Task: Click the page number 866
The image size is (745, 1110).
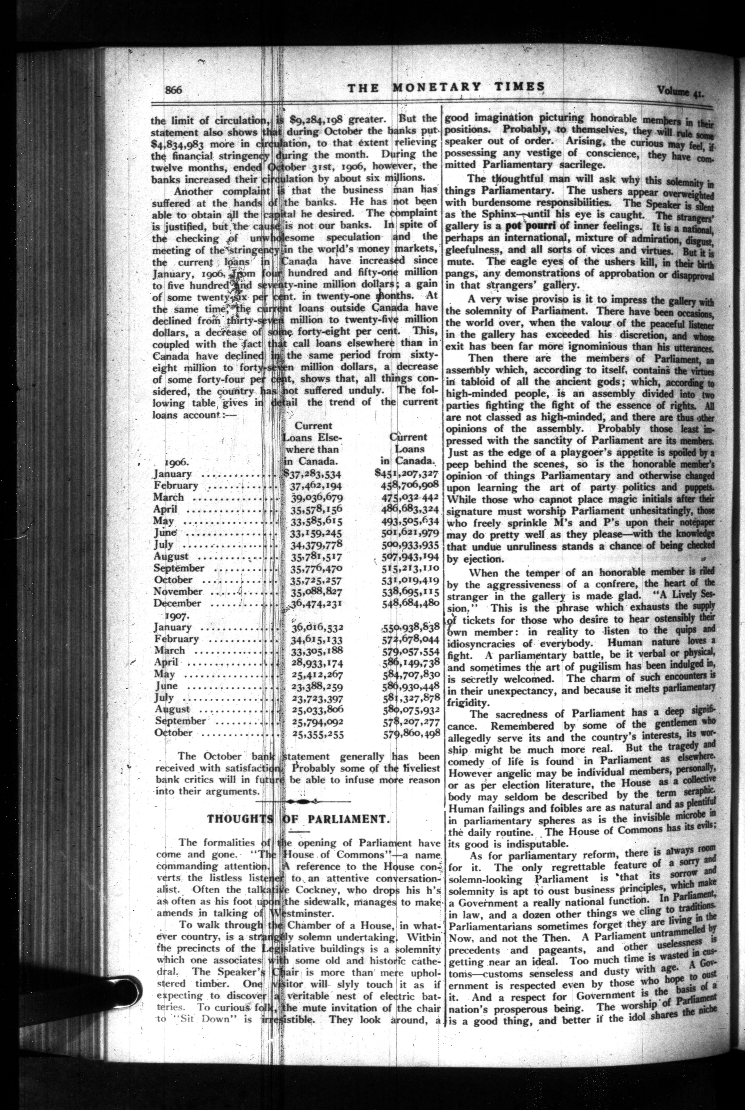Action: click(174, 90)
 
